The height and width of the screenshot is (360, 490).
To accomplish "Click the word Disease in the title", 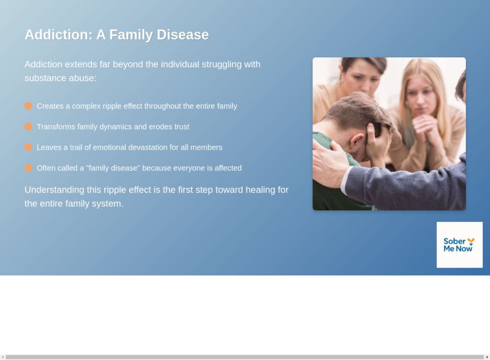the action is (183, 34).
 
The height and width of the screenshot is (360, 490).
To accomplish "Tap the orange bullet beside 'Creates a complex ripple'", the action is (28, 106).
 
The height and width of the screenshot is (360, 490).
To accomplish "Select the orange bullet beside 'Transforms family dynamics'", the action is (28, 126).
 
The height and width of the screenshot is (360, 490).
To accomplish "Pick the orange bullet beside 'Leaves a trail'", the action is (28, 147).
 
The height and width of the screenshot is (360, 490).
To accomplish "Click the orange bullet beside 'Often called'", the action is (28, 168).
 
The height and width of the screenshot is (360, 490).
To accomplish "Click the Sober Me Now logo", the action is (459, 245).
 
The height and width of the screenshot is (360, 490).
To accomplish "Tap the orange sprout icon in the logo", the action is (471, 241).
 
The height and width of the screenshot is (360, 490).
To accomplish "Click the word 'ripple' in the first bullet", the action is (112, 106).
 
